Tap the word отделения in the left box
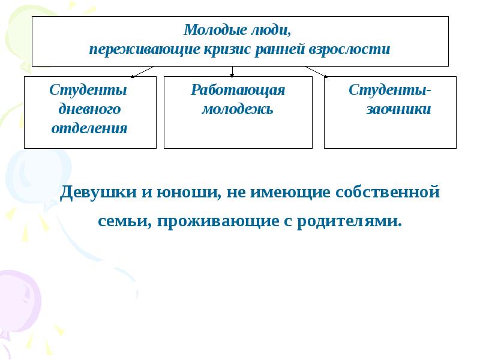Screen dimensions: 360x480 point(89,128)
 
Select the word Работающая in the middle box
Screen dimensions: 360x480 point(238,90)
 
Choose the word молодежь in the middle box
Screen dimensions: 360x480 point(238,109)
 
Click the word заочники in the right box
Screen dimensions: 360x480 point(398,109)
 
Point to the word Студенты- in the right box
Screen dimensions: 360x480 point(390,90)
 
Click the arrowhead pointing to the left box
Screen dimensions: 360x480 point(133,76)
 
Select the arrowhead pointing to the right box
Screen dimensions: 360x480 point(326,76)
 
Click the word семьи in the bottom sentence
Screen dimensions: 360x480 point(124,221)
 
